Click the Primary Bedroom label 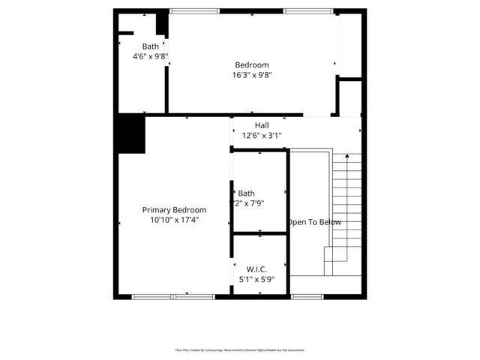[174, 210]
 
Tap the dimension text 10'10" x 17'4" [174, 220]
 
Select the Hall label [261, 125]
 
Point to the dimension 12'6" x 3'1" [261, 136]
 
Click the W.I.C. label [256, 268]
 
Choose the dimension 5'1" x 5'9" [256, 279]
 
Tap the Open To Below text [315, 222]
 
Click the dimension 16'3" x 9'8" [252, 75]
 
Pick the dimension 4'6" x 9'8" [151, 56]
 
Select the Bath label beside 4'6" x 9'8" [151, 46]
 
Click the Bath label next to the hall [247, 193]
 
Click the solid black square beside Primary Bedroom [130, 135]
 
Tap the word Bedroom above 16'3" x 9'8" [252, 64]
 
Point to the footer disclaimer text [240, 350]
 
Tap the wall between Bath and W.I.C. [259, 233]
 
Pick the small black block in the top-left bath [161, 22]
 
